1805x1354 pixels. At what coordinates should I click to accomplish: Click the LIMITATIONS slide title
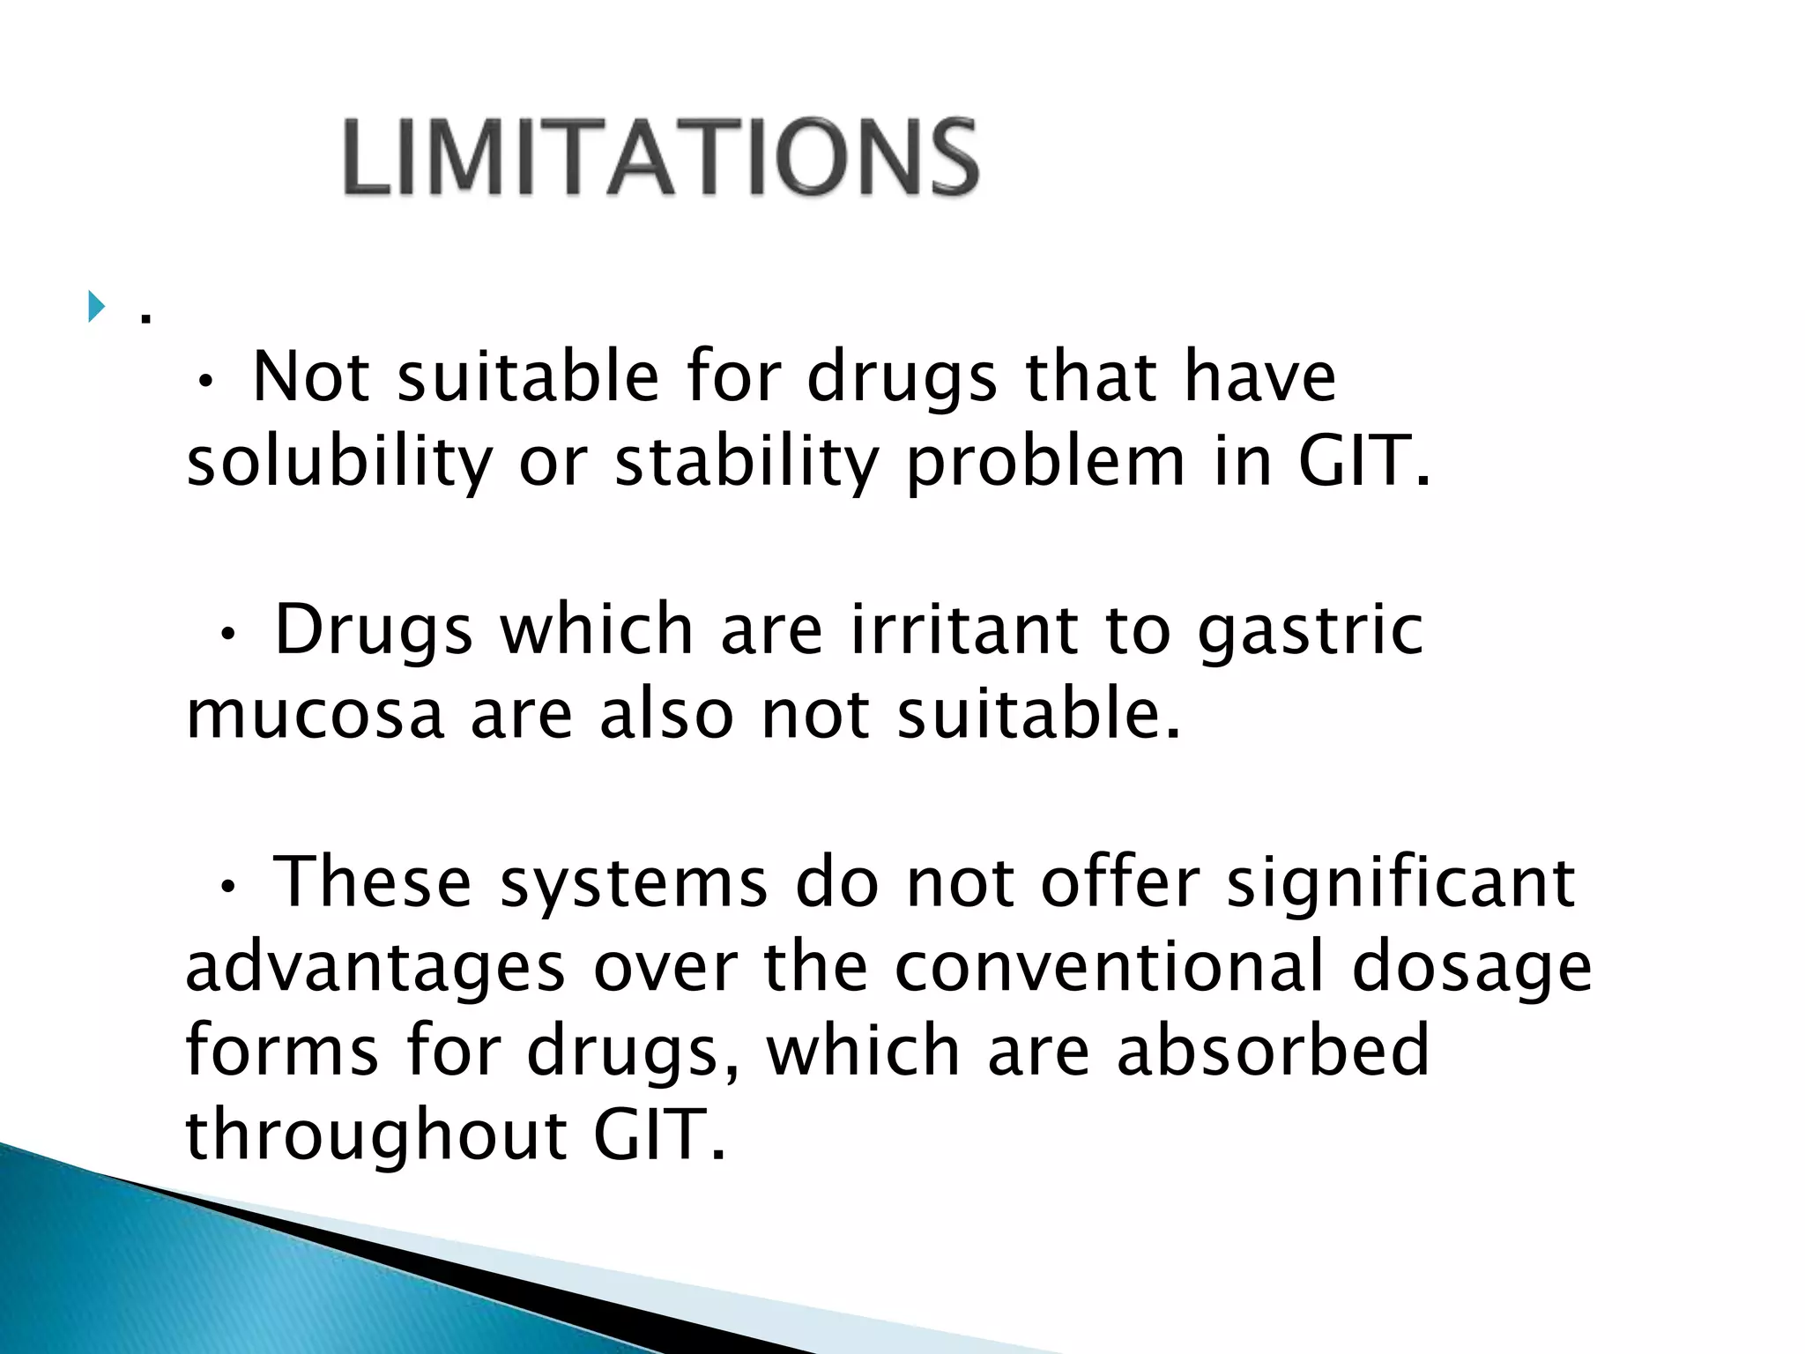tap(661, 157)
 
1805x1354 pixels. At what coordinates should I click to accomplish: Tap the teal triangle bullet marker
tap(96, 308)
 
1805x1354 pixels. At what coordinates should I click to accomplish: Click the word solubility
tap(339, 462)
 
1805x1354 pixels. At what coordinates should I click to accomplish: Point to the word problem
tap(1045, 462)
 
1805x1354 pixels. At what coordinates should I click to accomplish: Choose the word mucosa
tap(315, 714)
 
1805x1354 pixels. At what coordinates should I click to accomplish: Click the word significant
tap(1400, 882)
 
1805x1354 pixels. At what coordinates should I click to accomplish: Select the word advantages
tap(375, 967)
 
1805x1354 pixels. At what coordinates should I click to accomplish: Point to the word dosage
tap(1472, 967)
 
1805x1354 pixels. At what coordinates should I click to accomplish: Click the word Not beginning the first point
tap(310, 377)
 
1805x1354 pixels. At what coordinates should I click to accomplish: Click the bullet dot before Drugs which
tap(228, 634)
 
